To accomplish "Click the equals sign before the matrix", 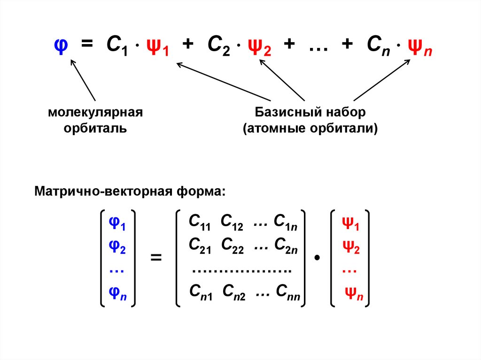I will pos(155,258).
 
